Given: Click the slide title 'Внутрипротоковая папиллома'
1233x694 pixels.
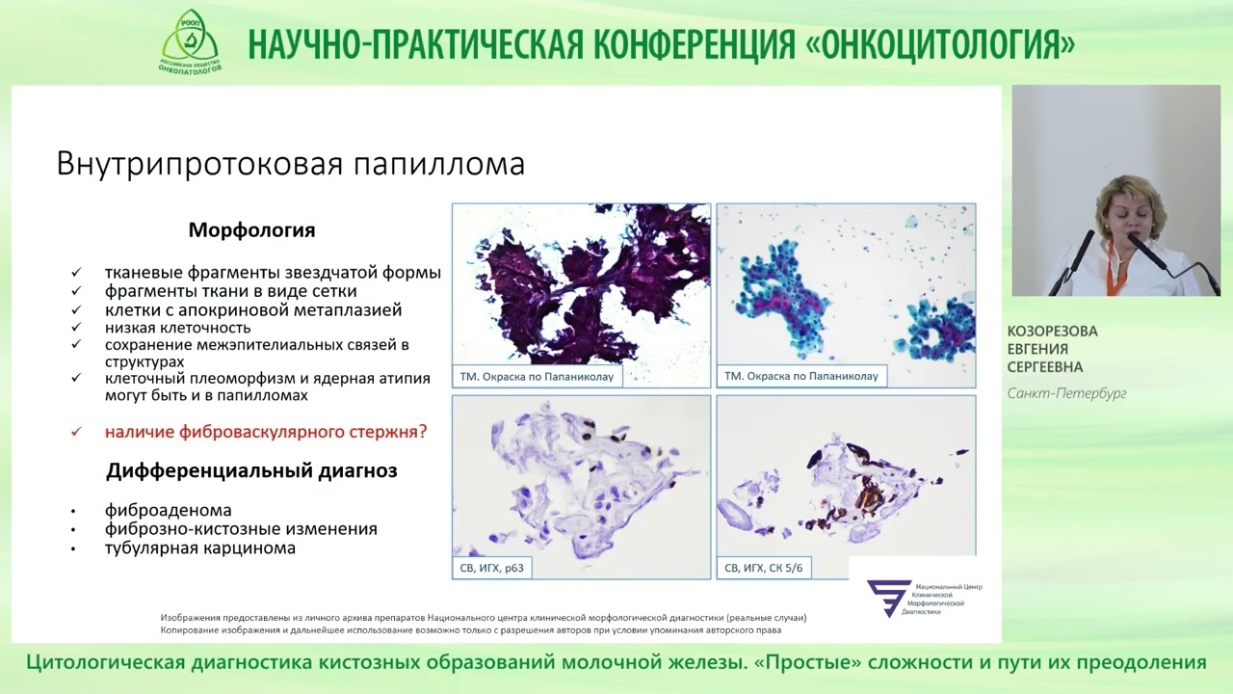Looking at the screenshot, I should [x=290, y=163].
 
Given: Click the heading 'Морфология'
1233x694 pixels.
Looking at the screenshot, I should [x=251, y=230].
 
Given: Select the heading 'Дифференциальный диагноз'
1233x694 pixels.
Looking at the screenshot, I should [x=251, y=471].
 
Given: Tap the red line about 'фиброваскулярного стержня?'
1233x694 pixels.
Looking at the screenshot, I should [x=266, y=432].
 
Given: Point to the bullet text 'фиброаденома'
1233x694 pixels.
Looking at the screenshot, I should [x=169, y=510].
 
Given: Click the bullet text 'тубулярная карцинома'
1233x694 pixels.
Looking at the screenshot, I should [x=200, y=547].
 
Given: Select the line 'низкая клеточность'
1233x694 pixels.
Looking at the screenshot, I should [x=177, y=328].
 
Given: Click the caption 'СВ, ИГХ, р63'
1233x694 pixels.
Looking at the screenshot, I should [x=491, y=569].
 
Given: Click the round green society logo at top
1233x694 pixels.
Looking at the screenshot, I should [x=190, y=40].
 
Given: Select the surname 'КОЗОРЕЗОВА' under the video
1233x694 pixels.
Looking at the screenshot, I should [x=1052, y=332].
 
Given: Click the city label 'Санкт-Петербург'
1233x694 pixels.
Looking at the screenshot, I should [x=1066, y=393].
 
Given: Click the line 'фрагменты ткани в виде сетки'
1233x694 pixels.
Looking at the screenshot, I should [x=231, y=291].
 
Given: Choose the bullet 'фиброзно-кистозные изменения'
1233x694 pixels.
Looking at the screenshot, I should [x=241, y=529].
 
